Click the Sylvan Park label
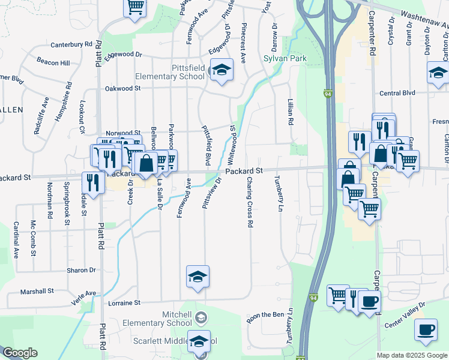click(286, 59)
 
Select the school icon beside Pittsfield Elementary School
click(221, 71)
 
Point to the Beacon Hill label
click(53, 62)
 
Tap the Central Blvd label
click(397, 93)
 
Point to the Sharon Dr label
click(82, 270)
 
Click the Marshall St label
click(37, 291)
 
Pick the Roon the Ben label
click(265, 314)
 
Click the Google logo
click(20, 353)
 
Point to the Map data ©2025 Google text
click(411, 355)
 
